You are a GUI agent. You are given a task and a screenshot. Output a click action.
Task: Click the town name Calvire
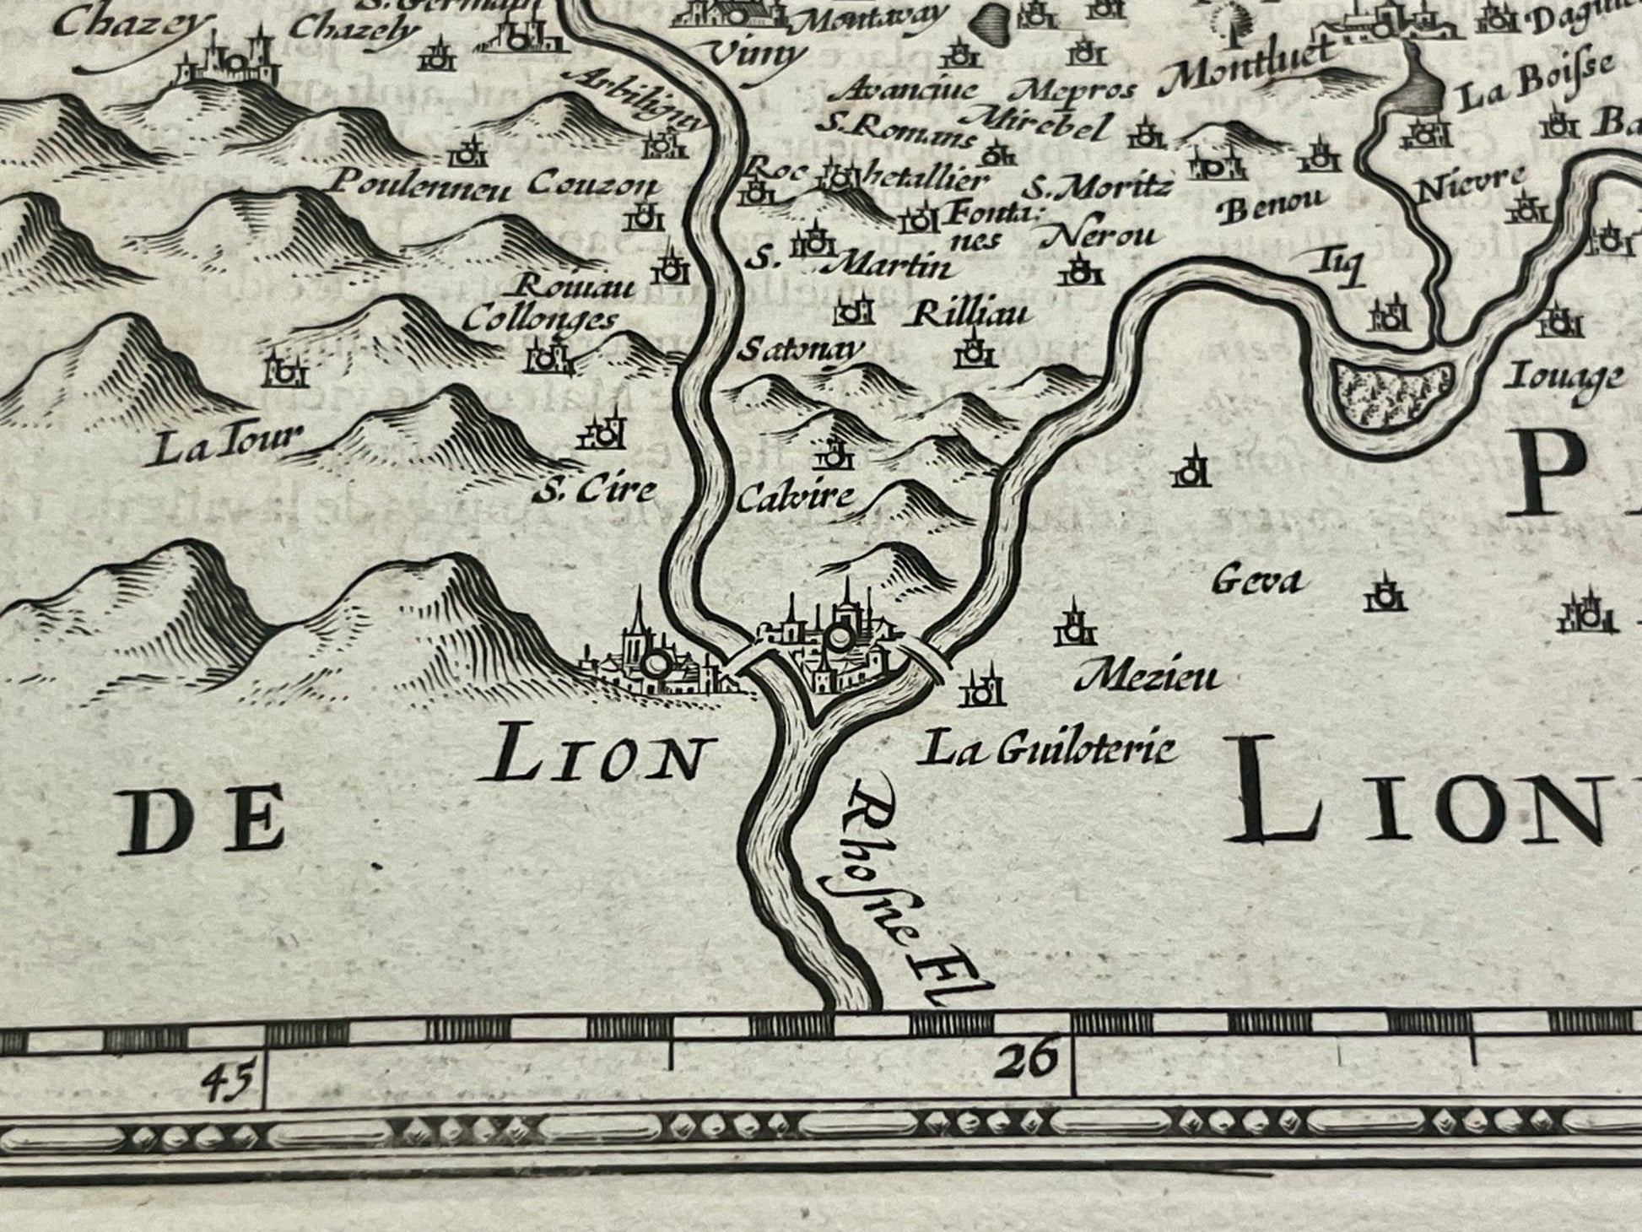point(794,497)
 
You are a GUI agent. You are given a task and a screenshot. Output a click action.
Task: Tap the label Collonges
point(542,320)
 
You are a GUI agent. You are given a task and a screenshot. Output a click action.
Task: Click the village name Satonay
point(800,350)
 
